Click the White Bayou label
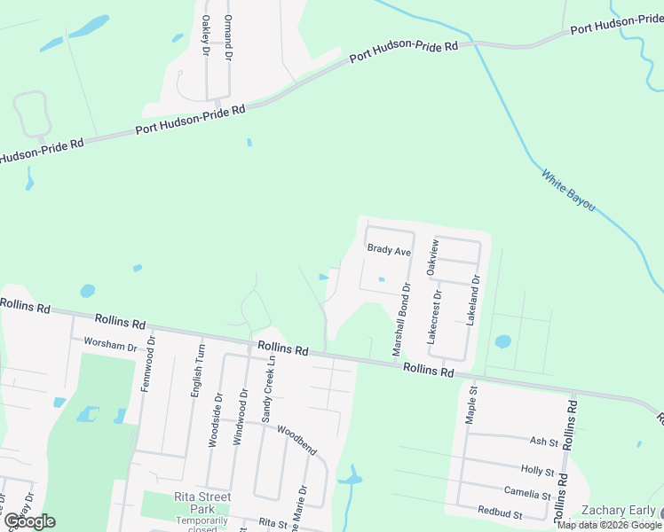(568, 190)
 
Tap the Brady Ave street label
(390, 252)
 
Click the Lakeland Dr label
(474, 302)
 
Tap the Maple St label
(472, 403)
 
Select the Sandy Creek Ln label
(267, 390)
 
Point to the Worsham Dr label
(110, 343)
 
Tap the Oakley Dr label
(206, 35)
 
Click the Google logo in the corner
(28, 521)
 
